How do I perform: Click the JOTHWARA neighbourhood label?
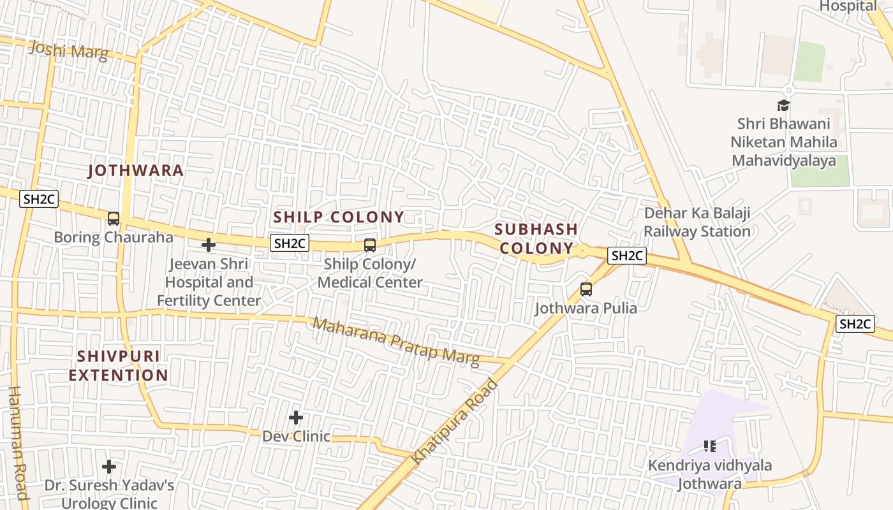coord(136,171)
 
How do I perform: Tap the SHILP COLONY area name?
coord(339,217)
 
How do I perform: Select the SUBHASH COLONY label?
coord(536,238)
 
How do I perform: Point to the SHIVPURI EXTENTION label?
coord(118,365)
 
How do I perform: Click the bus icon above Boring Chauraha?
coord(114,219)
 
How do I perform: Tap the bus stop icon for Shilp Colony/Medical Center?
coord(369,245)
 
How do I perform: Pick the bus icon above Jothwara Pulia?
coord(586,289)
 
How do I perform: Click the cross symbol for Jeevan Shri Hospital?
coord(209,245)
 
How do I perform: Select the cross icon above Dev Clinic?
coord(296,418)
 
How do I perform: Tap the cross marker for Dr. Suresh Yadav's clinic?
coord(109,467)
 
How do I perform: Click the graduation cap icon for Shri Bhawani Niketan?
coord(783,106)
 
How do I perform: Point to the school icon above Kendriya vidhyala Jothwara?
coord(709,446)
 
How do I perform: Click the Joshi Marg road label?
coord(69,50)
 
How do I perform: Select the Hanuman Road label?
coord(18,442)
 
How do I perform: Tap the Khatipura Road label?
coord(454,421)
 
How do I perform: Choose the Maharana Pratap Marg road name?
coord(395,342)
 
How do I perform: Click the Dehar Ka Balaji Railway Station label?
coord(697,222)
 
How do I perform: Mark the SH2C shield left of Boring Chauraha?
coord(39,199)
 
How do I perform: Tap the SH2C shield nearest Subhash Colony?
coord(627,256)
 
